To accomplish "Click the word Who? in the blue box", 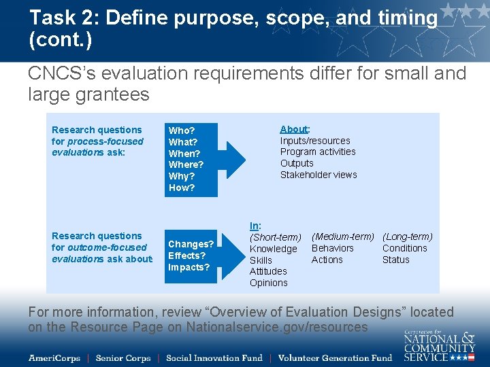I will click(182, 130).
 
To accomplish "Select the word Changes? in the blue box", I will click(191, 244).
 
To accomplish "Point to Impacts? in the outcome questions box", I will click(189, 267).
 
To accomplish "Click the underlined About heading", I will click(294, 129).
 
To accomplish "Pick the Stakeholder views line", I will click(318, 175).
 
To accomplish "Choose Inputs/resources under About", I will click(315, 141).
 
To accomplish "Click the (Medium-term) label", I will click(343, 237).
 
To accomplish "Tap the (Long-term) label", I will click(407, 237).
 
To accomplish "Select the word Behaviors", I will click(333, 248).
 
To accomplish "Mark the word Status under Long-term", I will click(395, 260).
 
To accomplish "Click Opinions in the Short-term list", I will click(269, 283).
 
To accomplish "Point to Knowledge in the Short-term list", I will click(274, 249).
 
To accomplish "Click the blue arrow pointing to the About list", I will click(235, 158).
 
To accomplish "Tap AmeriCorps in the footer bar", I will click(54, 357).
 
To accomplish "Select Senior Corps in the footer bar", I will click(122, 357).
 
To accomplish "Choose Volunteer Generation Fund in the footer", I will click(335, 357).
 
